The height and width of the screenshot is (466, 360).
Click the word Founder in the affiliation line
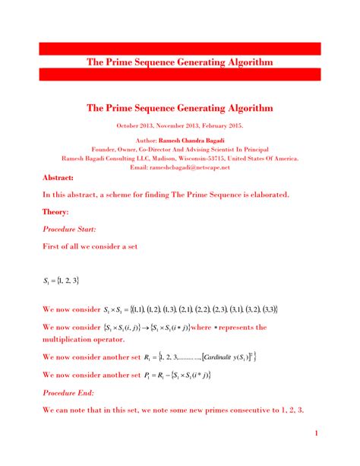(106, 150)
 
